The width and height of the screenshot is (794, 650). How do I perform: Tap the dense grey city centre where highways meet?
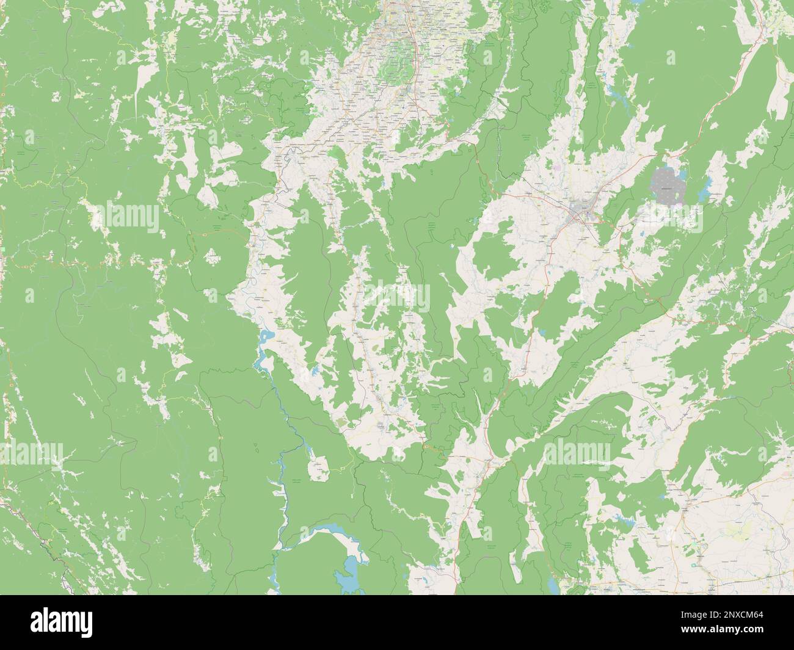click(x=580, y=212)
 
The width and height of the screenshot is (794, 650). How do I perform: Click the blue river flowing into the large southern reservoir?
click(x=282, y=476)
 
